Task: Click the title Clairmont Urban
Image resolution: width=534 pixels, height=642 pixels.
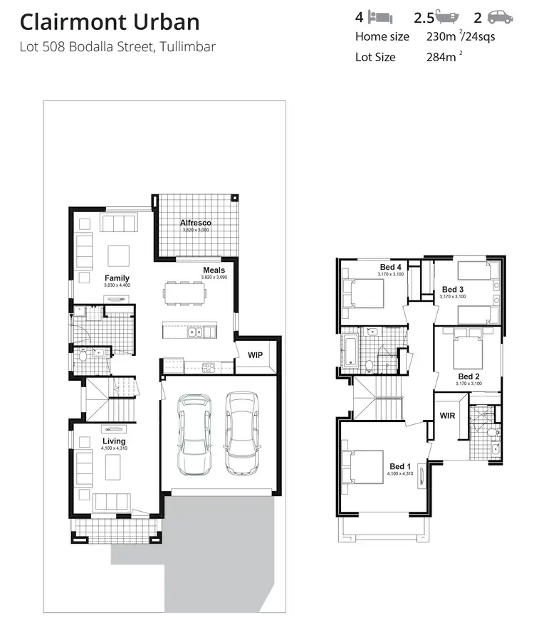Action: pyautogui.click(x=110, y=22)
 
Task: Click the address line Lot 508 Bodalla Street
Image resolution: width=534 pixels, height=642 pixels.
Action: pyautogui.click(x=117, y=47)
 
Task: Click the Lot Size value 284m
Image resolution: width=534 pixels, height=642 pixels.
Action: pyautogui.click(x=441, y=57)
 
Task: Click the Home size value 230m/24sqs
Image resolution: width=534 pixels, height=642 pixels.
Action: pyautogui.click(x=460, y=37)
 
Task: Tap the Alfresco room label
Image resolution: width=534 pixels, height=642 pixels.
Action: pyautogui.click(x=195, y=223)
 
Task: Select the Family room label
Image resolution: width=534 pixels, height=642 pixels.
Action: pyautogui.click(x=117, y=278)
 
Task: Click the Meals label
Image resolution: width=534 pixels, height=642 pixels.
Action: pyautogui.click(x=214, y=270)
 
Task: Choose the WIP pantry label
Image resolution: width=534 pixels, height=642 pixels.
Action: pyautogui.click(x=254, y=354)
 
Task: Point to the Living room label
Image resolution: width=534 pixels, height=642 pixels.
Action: pyautogui.click(x=114, y=441)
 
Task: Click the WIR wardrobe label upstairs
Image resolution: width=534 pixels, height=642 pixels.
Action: pyautogui.click(x=447, y=415)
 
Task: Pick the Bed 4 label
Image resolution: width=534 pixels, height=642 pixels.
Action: pyautogui.click(x=390, y=267)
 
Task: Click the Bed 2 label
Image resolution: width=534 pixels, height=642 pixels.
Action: pyautogui.click(x=468, y=377)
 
